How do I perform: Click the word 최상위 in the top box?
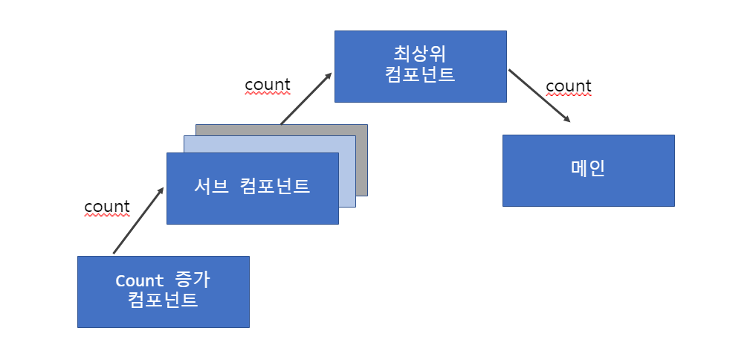click(x=421, y=54)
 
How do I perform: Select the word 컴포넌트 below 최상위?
click(x=421, y=75)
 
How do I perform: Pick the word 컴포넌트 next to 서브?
click(x=275, y=187)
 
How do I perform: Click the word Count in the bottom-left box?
click(x=140, y=281)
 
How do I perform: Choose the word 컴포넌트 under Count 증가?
click(x=163, y=301)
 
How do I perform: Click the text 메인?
click(x=588, y=169)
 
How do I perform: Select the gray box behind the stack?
click(x=362, y=160)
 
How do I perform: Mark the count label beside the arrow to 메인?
click(x=569, y=86)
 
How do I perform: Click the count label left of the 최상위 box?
click(x=268, y=85)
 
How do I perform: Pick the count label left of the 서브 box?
click(x=107, y=206)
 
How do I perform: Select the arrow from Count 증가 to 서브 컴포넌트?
click(x=138, y=221)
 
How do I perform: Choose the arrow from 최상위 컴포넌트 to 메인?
click(x=539, y=95)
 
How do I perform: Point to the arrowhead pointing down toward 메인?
click(x=567, y=118)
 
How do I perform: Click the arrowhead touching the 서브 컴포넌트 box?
click(x=160, y=192)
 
